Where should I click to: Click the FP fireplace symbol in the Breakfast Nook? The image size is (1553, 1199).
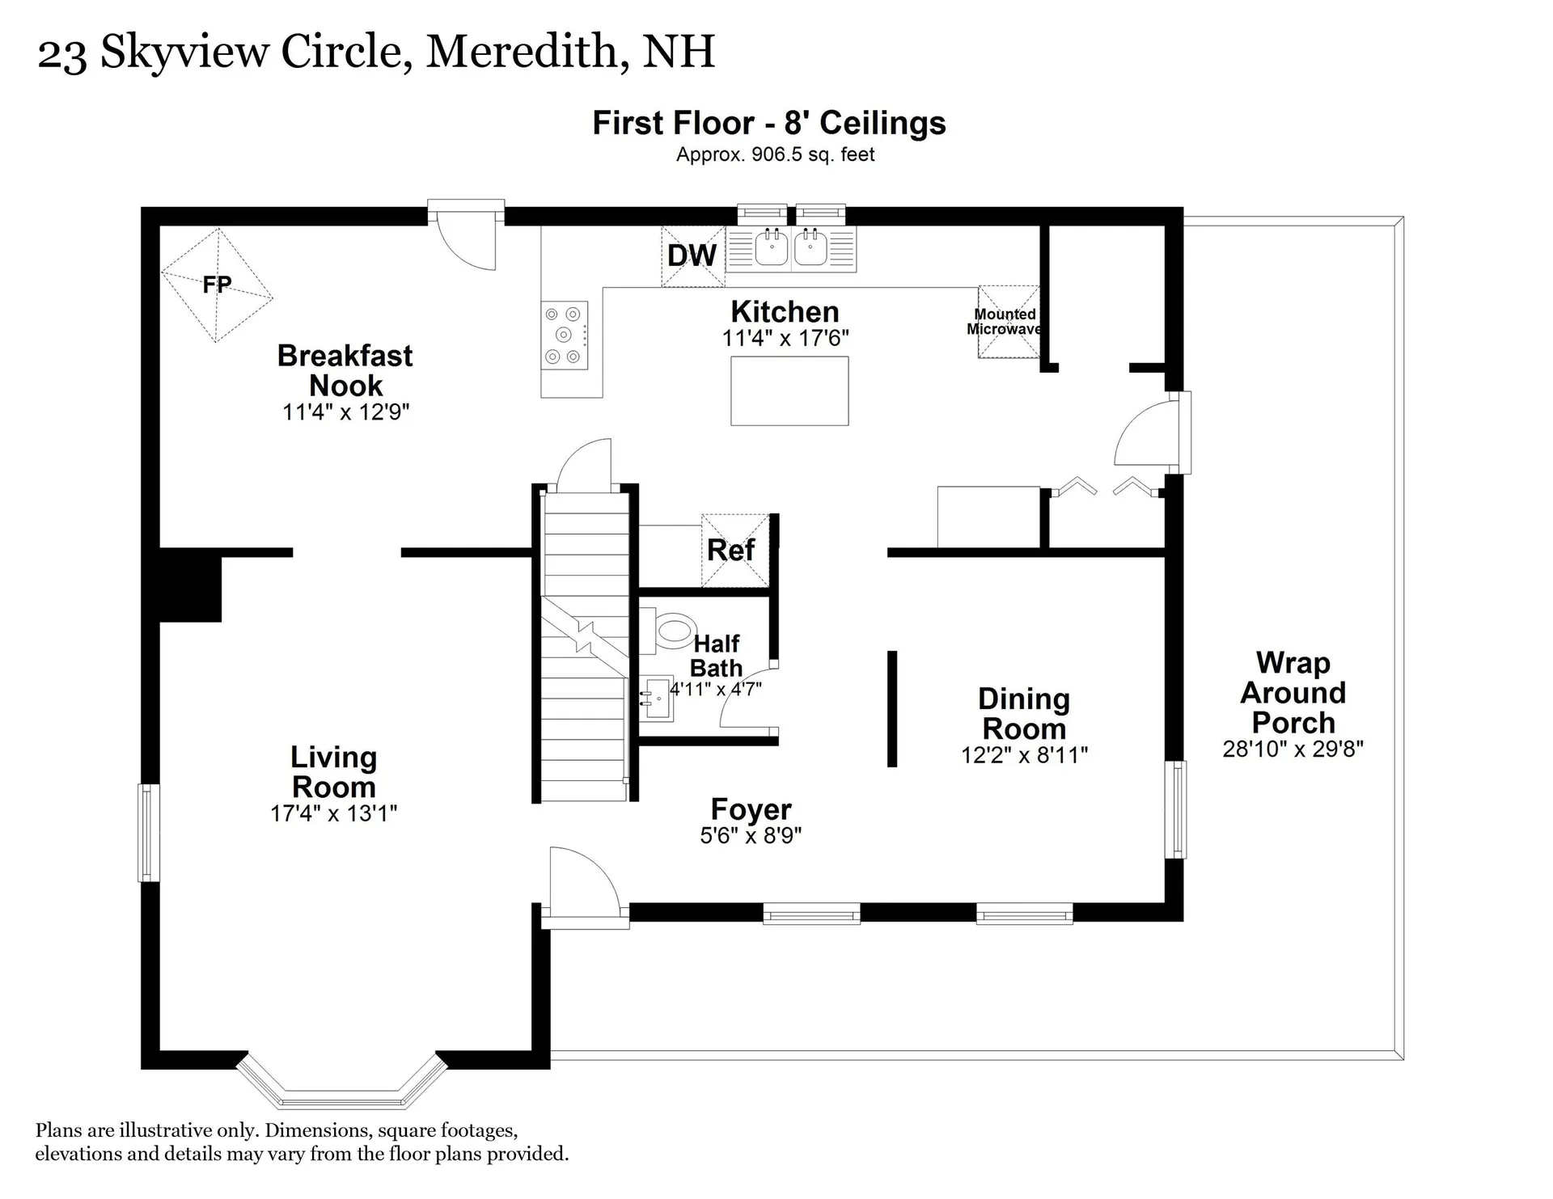click(x=217, y=285)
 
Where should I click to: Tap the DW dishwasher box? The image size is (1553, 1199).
click(x=692, y=256)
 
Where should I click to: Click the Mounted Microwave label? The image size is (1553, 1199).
click(x=1005, y=322)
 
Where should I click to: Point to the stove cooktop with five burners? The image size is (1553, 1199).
click(x=564, y=336)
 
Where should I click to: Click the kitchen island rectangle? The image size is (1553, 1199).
click(x=789, y=391)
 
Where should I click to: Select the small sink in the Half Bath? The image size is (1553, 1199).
click(x=658, y=698)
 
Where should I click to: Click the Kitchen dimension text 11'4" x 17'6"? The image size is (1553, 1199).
click(x=785, y=338)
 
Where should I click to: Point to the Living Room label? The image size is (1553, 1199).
click(x=333, y=772)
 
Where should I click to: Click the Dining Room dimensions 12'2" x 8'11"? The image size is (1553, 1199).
click(x=1024, y=755)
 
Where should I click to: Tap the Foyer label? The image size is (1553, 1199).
click(x=751, y=809)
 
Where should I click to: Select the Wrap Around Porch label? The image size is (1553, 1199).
click(x=1293, y=693)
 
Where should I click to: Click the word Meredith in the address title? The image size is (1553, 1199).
click(x=522, y=52)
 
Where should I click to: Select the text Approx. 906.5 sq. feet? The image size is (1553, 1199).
click(x=775, y=154)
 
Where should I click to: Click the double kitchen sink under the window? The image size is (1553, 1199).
click(x=791, y=248)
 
